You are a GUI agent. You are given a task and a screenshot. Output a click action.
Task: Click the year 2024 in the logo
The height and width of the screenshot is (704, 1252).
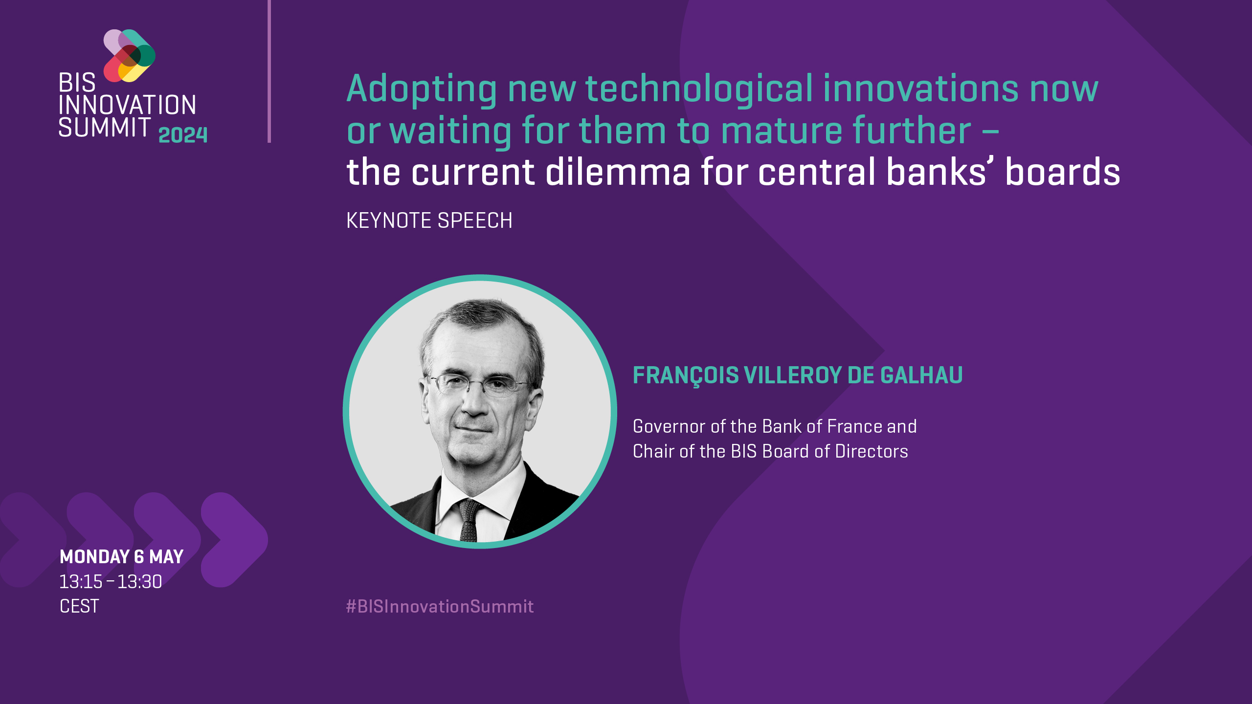[183, 135]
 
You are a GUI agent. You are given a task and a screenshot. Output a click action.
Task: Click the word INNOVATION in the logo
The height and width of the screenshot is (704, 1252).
[127, 105]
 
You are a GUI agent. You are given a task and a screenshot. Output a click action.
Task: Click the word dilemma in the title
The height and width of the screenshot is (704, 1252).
[618, 172]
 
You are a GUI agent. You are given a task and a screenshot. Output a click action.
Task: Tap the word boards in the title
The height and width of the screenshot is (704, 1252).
[1062, 172]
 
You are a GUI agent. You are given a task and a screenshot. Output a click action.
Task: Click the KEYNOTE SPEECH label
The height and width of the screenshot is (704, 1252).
[429, 220]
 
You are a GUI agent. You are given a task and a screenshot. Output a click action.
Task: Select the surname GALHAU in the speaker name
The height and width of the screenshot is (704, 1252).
[921, 375]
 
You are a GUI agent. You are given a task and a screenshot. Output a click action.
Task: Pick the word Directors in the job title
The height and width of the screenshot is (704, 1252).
[872, 451]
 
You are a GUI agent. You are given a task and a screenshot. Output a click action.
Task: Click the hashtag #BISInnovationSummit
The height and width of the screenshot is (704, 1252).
[440, 607]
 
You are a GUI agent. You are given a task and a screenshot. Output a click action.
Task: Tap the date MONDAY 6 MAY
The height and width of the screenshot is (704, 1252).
[121, 557]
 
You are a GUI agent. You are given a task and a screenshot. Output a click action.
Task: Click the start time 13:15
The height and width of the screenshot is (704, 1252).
[81, 582]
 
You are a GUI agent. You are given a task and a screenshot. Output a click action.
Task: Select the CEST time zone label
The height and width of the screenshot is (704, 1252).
[79, 607]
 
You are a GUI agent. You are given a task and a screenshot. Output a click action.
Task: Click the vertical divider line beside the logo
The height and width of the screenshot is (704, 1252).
[269, 71]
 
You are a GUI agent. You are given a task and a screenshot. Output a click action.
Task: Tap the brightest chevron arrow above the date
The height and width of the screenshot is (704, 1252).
[235, 540]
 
